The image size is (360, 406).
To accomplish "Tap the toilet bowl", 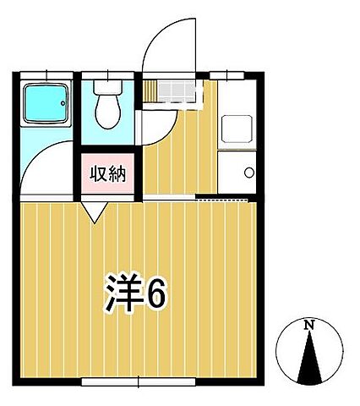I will click(107, 112).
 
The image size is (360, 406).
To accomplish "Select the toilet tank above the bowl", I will click(108, 88).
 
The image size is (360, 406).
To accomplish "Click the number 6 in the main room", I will click(158, 294).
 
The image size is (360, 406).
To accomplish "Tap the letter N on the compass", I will click(309, 324).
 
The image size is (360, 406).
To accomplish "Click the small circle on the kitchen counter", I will click(249, 173).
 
